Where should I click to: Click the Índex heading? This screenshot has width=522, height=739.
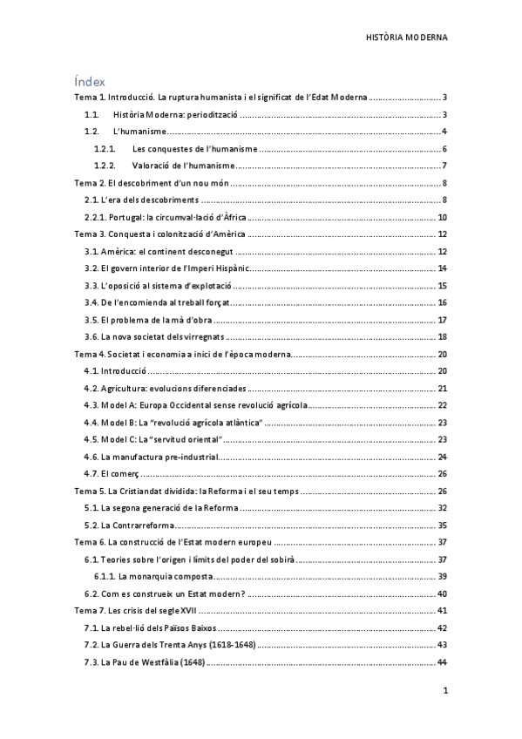(90, 81)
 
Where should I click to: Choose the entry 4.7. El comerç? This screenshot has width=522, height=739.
(112, 474)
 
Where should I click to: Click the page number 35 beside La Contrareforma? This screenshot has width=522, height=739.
(442, 525)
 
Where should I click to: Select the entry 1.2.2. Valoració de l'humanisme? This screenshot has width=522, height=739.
(165, 166)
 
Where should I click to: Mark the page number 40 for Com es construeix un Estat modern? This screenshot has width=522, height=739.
(442, 593)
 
